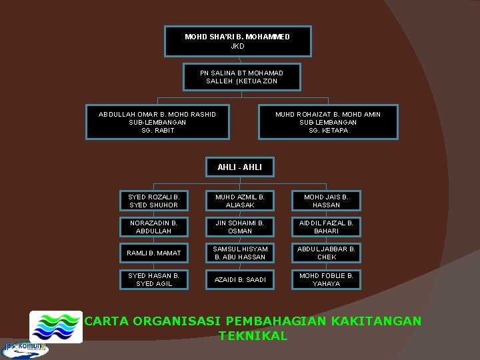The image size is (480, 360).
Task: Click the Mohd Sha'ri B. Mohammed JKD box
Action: pos(237,41)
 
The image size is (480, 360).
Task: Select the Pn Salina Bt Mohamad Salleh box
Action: pos(241,77)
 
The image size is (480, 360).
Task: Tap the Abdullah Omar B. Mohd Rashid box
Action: pos(157,122)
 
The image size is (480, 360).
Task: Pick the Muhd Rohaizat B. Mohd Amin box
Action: pos(328,122)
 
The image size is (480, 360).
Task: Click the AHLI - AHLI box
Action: pos(239,167)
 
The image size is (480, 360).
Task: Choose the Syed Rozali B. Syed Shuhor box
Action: pos(153,201)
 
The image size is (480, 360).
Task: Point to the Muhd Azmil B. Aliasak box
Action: pos(240,201)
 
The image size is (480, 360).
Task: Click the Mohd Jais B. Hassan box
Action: pos(326,201)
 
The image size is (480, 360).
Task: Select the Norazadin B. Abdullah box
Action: pos(153,227)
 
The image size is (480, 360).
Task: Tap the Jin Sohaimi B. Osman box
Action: pos(240,227)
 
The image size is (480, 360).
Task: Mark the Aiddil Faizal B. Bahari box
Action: pos(326,227)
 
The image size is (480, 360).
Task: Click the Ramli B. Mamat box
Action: pos(153,253)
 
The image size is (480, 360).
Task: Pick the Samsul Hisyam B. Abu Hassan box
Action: pos(240,253)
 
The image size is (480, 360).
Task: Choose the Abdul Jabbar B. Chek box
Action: pos(326,253)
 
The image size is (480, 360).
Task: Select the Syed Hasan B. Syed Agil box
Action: pos(153,279)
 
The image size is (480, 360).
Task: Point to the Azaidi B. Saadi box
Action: pos(240,279)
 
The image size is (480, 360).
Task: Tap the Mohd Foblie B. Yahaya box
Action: pos(326,279)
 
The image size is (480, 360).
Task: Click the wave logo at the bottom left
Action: pos(56,327)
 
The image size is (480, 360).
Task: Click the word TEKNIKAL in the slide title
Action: pos(253,336)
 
